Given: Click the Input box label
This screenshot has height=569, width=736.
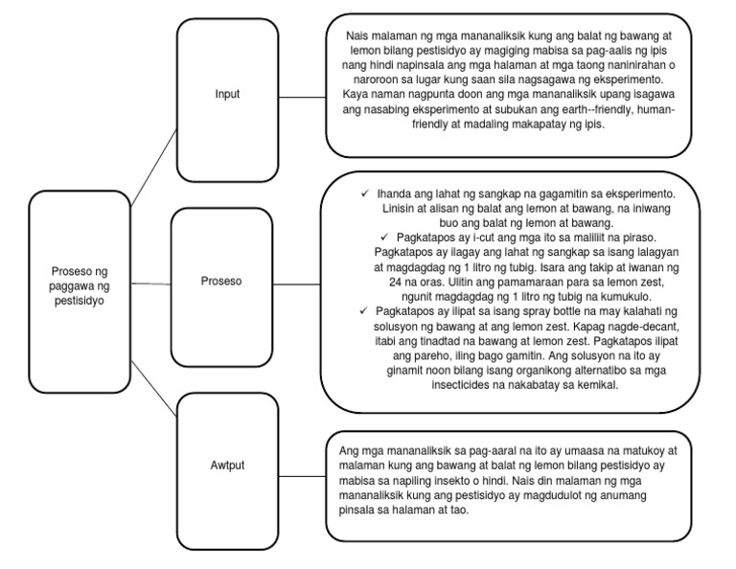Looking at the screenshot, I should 226,94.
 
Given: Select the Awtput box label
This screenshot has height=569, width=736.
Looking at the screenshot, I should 227,465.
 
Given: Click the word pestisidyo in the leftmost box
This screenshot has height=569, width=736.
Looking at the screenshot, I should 80,299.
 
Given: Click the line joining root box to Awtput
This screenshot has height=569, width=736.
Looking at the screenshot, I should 154,380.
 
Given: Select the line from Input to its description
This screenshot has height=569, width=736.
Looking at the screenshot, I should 300,95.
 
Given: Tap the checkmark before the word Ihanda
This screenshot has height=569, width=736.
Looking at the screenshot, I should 365,193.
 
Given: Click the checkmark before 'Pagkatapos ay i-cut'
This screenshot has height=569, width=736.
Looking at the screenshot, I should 384,236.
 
